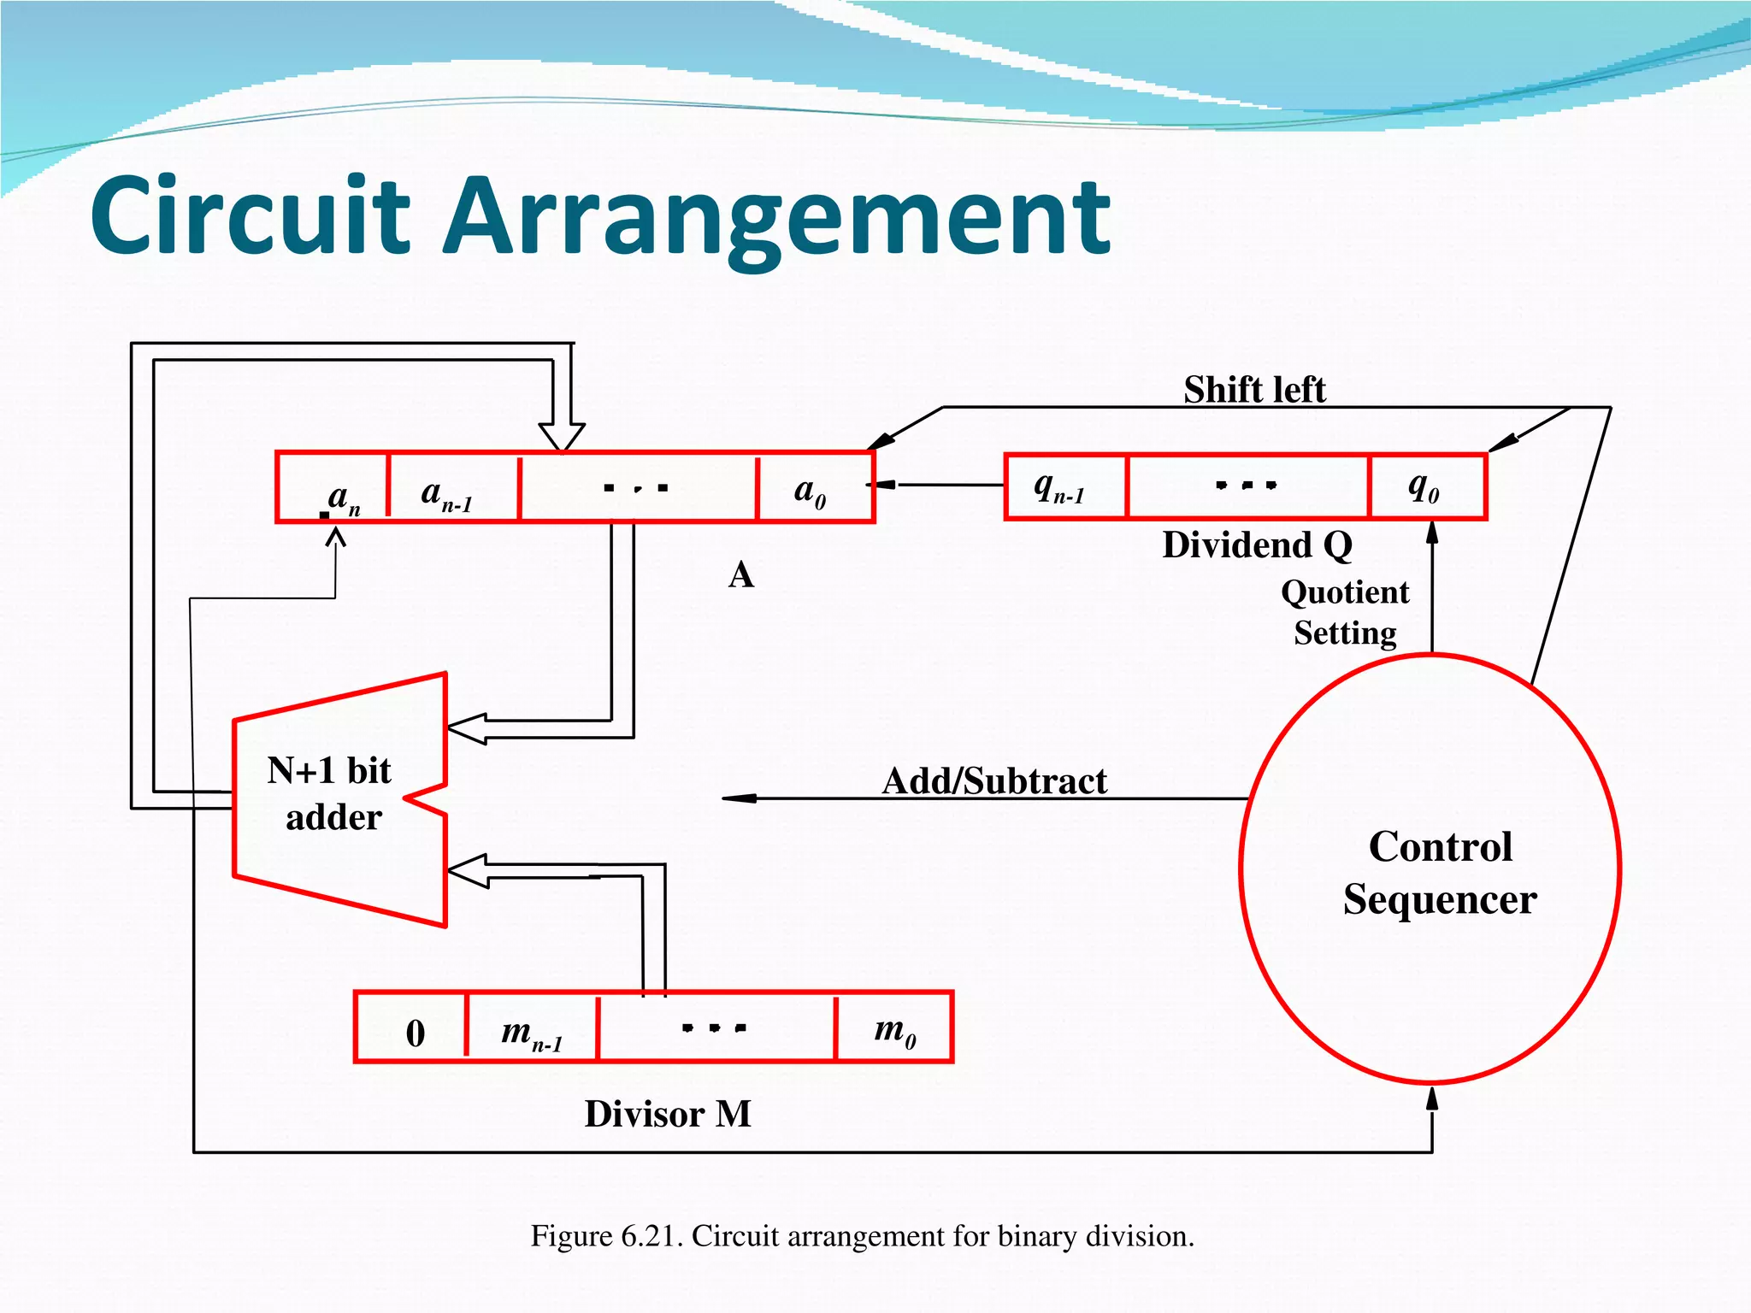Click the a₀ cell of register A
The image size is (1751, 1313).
coord(815,488)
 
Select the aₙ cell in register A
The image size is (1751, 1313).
coord(333,488)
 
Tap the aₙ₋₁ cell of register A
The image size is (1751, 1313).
coord(453,488)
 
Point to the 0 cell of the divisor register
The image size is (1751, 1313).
coord(412,1028)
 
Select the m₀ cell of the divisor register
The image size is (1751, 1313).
coord(894,1028)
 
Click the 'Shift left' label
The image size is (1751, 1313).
coord(1254,390)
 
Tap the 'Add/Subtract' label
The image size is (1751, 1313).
coord(994,780)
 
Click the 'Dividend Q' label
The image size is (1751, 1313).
coord(1257,545)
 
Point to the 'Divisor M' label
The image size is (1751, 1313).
coord(668,1114)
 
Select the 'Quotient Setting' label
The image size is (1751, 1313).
coord(1345,612)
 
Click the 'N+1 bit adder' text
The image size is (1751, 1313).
coord(332,793)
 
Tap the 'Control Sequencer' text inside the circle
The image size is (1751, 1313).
coord(1441,872)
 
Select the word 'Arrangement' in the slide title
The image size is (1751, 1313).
coord(778,218)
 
